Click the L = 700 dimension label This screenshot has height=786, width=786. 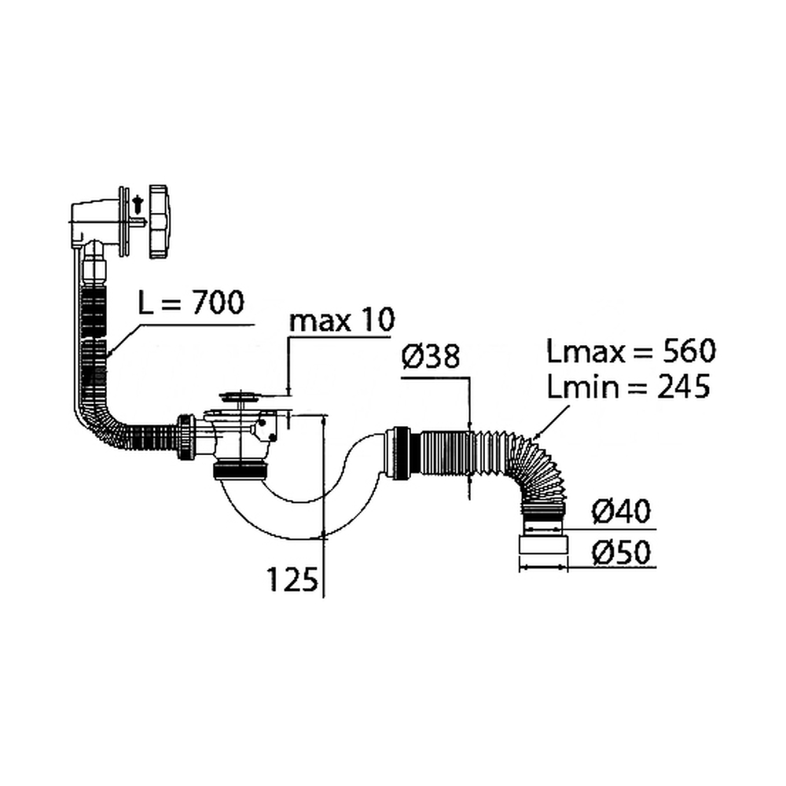click(x=191, y=303)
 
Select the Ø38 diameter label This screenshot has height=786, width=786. click(x=431, y=356)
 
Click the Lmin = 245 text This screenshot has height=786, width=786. click(x=628, y=387)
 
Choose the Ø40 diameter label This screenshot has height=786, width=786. click(x=621, y=512)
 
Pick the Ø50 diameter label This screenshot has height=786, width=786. click(x=621, y=552)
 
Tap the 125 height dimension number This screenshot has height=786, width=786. click(x=292, y=579)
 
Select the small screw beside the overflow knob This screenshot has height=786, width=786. click(x=138, y=204)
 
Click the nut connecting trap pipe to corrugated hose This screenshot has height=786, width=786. click(x=400, y=454)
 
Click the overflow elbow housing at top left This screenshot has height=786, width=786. click(x=94, y=223)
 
